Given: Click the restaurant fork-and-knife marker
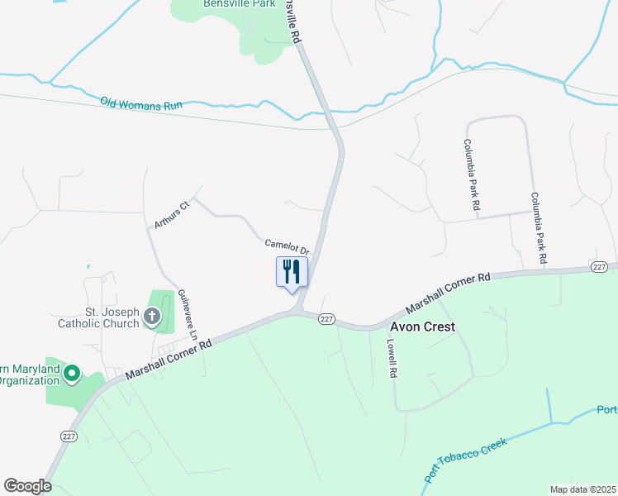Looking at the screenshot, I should [x=292, y=271].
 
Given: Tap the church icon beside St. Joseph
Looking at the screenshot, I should [x=152, y=316].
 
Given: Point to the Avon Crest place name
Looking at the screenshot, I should [x=422, y=327].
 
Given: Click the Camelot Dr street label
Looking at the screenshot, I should [x=287, y=246].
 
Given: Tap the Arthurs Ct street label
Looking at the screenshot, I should [x=172, y=213].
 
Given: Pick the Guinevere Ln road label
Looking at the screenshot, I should [x=188, y=315].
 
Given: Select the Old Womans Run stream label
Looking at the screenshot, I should [x=141, y=104].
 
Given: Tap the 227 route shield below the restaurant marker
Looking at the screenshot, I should [x=326, y=319].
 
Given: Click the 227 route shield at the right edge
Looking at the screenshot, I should [x=599, y=266].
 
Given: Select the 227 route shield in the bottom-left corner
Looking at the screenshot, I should [x=68, y=435].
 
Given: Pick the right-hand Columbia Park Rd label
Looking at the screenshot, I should [x=539, y=229].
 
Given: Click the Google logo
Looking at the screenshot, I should [x=27, y=486].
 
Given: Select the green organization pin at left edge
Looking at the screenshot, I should [x=71, y=375].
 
